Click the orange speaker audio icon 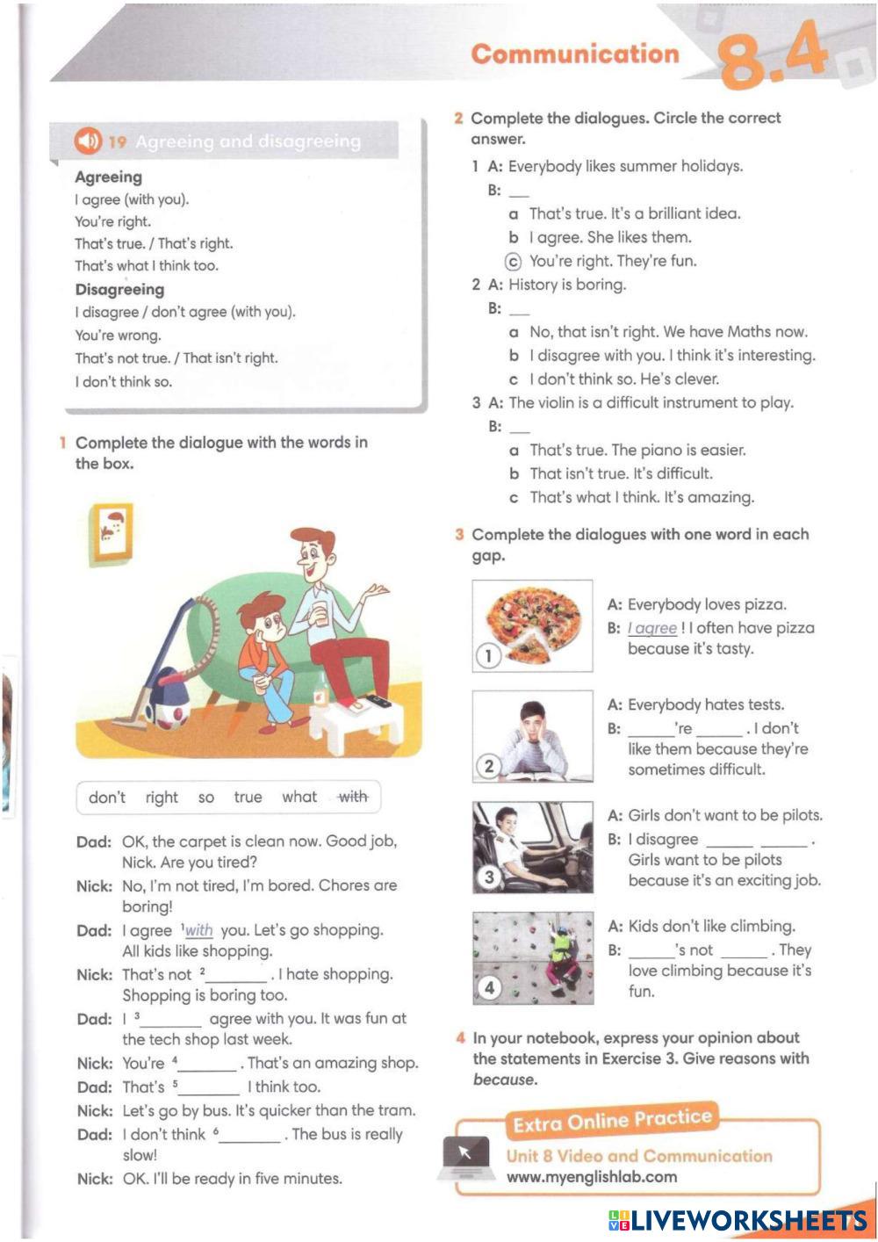click(x=88, y=141)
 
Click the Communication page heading click(x=575, y=54)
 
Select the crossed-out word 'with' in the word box click(x=353, y=797)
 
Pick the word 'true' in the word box click(x=248, y=797)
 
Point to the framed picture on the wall click(x=112, y=531)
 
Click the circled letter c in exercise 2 click(x=514, y=261)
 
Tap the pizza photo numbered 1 click(x=532, y=625)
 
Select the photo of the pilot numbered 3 click(x=532, y=847)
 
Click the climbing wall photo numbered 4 click(x=532, y=957)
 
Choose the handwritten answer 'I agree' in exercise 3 click(x=652, y=628)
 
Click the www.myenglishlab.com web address click(x=591, y=1177)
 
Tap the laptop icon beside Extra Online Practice click(x=465, y=1157)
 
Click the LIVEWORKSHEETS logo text click(x=738, y=1220)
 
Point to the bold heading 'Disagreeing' click(x=119, y=290)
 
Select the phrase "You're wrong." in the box click(x=118, y=335)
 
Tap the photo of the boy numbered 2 click(x=532, y=736)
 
